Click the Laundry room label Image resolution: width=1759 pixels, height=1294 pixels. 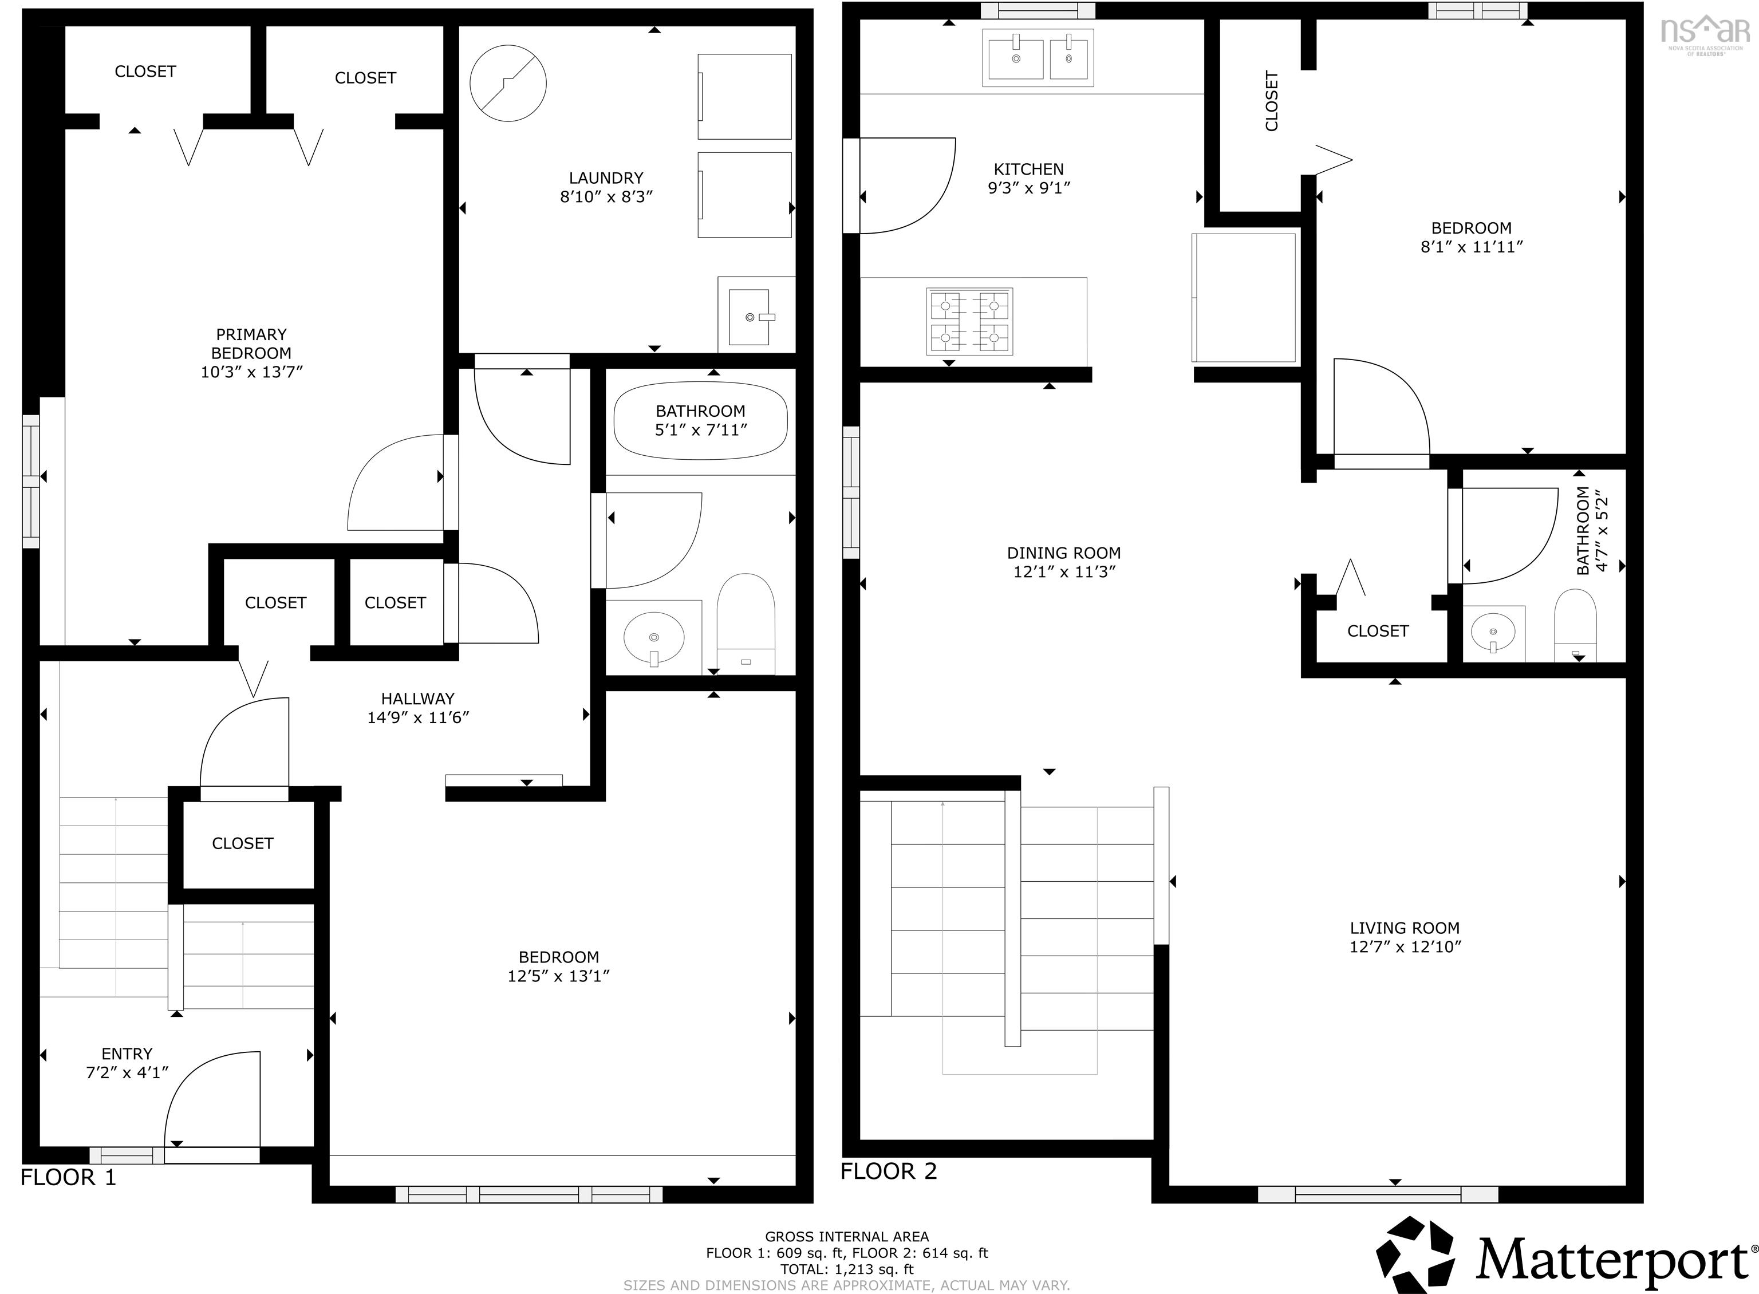(605, 178)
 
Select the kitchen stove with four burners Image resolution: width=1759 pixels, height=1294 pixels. (969, 321)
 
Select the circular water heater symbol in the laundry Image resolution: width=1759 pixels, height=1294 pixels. (507, 83)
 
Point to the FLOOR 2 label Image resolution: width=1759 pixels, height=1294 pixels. (888, 1171)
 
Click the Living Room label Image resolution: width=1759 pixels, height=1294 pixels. (1404, 928)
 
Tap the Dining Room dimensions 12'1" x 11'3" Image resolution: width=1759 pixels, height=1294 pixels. (1063, 572)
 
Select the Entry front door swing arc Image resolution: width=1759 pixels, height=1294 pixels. (211, 1096)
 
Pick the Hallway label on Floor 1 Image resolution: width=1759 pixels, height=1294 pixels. (417, 699)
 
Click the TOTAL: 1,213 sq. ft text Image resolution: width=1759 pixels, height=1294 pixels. (847, 1269)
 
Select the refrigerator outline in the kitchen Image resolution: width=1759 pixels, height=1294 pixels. (1244, 298)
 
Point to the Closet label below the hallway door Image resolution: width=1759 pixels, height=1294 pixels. (242, 843)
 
